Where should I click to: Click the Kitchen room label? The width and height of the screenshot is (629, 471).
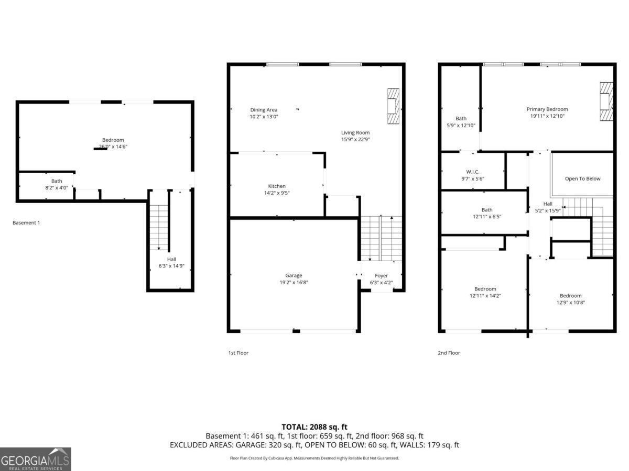click(x=277, y=186)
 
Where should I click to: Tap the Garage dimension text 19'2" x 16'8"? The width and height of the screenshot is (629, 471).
click(x=294, y=283)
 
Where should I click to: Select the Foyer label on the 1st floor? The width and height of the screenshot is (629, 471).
click(x=382, y=276)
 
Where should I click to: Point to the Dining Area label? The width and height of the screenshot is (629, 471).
click(x=264, y=110)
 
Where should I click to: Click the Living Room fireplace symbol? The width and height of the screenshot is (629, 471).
click(x=393, y=107)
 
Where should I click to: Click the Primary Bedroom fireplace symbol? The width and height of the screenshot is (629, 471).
click(x=606, y=102)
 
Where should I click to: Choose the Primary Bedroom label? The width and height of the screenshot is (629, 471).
click(x=547, y=109)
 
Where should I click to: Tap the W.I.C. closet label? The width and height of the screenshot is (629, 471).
click(x=473, y=172)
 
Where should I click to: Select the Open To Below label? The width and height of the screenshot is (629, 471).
click(x=582, y=178)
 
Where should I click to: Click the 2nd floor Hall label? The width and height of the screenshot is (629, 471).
click(x=548, y=204)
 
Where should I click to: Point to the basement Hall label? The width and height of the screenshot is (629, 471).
click(x=171, y=259)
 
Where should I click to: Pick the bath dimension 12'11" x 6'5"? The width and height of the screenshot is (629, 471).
click(x=487, y=216)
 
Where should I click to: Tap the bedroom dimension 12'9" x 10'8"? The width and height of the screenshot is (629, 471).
click(x=570, y=302)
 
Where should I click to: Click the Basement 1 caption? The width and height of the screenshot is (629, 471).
click(x=26, y=223)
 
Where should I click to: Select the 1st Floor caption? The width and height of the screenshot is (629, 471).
click(x=238, y=353)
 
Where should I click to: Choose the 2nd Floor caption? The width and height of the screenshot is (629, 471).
click(x=449, y=353)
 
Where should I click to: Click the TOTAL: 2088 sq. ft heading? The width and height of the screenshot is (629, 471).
click(x=314, y=427)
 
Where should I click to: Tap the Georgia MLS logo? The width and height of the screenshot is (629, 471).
click(x=36, y=459)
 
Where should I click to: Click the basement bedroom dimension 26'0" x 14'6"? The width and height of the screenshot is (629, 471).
click(x=113, y=147)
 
